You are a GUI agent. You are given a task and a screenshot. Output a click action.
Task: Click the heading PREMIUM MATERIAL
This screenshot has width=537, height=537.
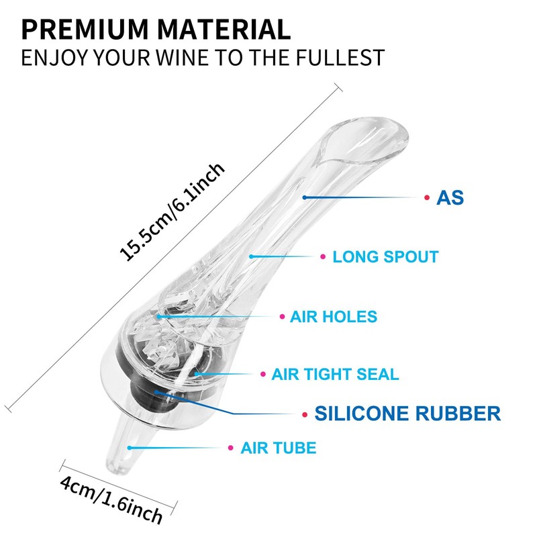tap(156, 30)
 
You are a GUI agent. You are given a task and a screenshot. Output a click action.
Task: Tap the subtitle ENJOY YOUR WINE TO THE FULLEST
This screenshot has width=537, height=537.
tap(203, 58)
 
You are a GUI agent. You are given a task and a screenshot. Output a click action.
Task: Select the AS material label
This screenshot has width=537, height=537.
tap(450, 197)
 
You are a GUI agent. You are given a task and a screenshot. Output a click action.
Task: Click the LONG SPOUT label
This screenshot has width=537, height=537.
tap(385, 257)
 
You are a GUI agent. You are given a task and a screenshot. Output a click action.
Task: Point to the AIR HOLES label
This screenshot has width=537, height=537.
tap(334, 317)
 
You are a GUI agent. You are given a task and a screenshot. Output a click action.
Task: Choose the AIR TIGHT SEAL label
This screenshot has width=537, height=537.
tap(335, 374)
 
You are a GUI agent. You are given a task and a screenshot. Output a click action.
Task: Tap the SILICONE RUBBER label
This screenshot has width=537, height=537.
tap(407, 413)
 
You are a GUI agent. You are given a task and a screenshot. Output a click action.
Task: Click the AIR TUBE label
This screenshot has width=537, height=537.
tap(279, 448)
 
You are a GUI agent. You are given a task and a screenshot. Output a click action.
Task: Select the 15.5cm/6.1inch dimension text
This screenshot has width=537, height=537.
tap(172, 212)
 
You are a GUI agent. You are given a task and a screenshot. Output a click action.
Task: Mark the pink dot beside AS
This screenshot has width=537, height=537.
tap(427, 197)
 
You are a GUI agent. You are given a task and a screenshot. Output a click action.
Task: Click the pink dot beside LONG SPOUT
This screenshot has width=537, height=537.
tap(323, 256)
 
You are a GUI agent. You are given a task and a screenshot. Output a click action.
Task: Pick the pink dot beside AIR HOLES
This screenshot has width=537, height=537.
tap(282, 317)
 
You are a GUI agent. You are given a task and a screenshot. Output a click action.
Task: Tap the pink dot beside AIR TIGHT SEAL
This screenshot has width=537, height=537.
tap(263, 374)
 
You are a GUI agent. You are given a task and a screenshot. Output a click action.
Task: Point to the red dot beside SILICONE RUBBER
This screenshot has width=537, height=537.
tap(305, 415)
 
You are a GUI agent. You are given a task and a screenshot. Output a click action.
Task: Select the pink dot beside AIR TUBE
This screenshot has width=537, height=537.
tap(231, 448)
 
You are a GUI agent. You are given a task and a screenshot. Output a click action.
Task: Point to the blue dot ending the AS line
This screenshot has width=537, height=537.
tap(305, 197)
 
